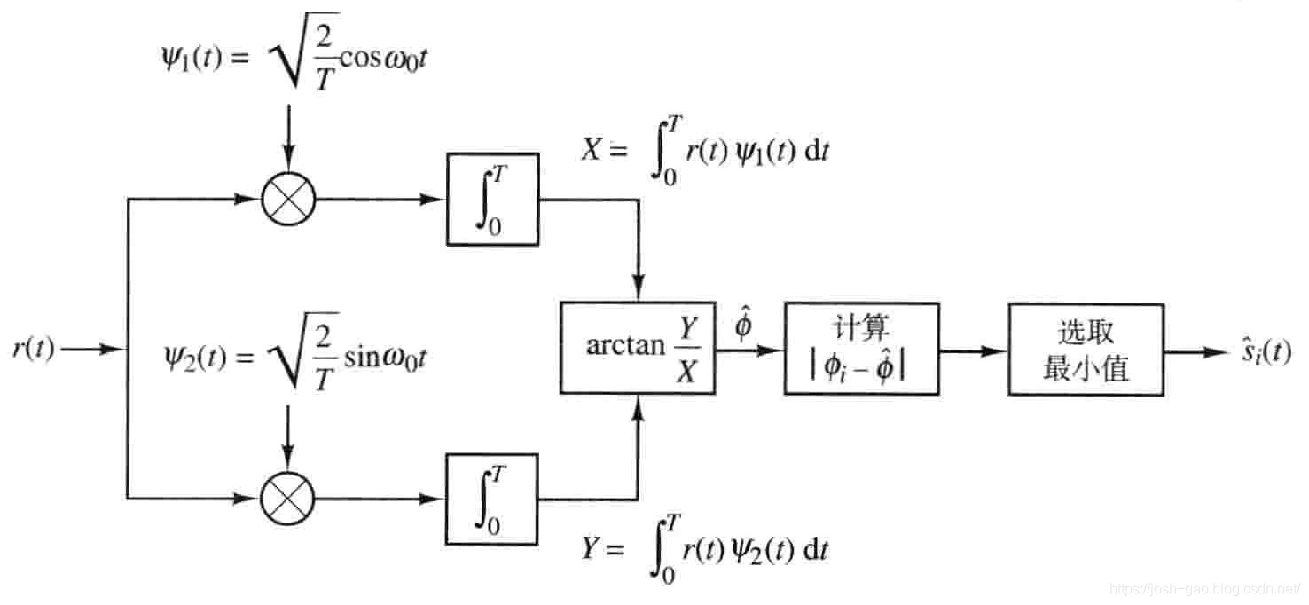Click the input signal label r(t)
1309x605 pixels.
(x=33, y=350)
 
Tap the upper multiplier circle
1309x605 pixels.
(x=288, y=200)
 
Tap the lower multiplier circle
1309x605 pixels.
(x=288, y=498)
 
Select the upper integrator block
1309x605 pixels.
(x=492, y=200)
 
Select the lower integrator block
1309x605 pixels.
(x=492, y=498)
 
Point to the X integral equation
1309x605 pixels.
(x=704, y=151)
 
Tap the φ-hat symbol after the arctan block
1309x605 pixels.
(x=743, y=326)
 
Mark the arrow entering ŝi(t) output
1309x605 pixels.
(x=1193, y=351)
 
